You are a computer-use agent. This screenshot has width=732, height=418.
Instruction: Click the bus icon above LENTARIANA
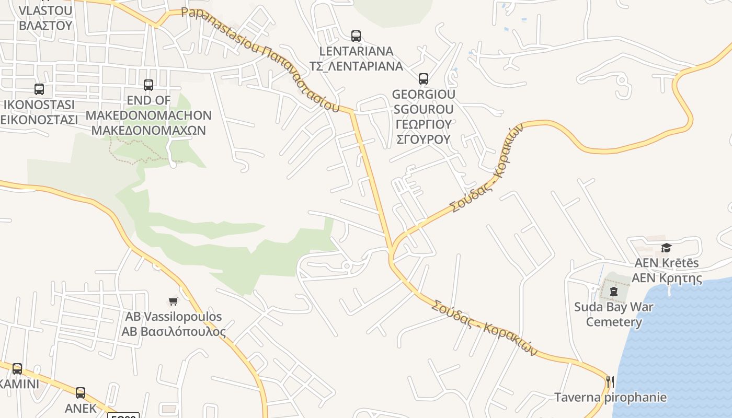356,36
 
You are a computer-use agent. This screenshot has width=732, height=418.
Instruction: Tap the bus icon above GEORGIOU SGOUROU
424,79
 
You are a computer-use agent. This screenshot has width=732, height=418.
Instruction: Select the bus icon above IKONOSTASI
39,89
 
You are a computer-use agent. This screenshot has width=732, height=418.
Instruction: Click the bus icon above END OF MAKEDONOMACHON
148,85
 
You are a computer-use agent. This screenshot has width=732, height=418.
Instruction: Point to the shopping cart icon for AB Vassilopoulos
174,301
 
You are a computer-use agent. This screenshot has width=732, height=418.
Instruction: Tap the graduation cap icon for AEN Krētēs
666,248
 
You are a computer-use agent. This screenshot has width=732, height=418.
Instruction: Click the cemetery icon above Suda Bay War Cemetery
614,291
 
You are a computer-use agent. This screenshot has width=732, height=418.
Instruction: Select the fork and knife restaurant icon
610,382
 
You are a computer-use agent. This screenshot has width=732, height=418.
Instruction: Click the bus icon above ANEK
81,392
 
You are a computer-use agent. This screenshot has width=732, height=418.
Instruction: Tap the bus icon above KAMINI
17,369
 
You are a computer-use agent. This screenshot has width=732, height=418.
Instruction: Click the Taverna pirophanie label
610,397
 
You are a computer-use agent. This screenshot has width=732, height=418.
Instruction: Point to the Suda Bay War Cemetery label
614,314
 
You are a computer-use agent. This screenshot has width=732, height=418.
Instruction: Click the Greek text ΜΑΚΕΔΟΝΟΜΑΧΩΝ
148,130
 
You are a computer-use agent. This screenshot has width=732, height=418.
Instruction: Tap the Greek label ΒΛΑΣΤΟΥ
45,25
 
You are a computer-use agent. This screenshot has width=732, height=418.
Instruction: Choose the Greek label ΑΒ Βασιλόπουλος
174,332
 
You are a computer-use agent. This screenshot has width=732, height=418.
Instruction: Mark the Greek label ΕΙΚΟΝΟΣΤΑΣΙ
39,119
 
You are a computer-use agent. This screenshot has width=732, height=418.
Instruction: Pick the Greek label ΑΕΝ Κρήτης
667,277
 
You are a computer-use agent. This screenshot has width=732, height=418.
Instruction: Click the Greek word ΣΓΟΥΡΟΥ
424,139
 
